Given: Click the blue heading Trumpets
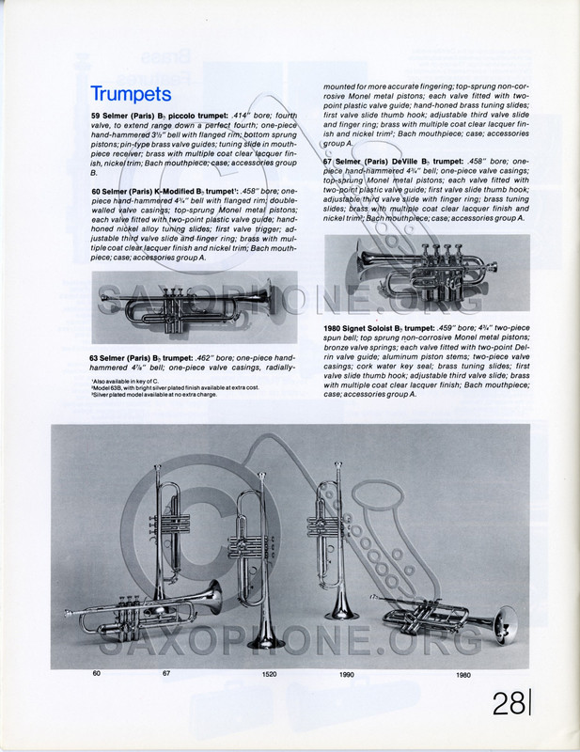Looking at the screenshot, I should (x=131, y=94).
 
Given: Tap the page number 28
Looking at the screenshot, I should (x=509, y=703).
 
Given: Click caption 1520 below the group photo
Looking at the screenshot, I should (x=270, y=674).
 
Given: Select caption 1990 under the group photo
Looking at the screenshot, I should (x=347, y=674).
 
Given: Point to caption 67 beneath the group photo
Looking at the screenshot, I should (x=166, y=673).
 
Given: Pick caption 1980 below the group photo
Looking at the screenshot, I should (x=463, y=674).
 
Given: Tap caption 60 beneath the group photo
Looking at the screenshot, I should (x=96, y=673).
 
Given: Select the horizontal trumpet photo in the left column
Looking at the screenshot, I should (x=194, y=306).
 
